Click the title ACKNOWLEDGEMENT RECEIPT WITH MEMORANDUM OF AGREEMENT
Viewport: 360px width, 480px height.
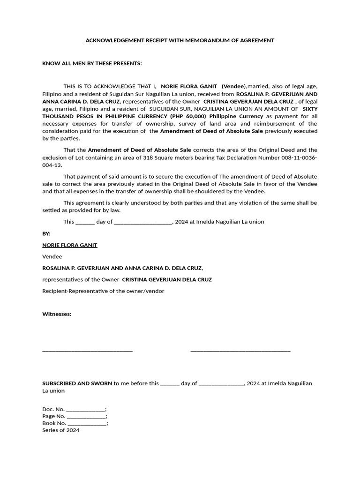pos(180,41)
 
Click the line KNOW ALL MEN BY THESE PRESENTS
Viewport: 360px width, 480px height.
pos(92,63)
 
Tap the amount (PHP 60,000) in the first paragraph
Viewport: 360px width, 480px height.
pos(187,116)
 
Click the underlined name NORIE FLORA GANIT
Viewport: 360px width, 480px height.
pos(70,245)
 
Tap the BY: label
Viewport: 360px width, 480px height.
pos(46,233)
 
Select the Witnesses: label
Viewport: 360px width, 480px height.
pos(57,314)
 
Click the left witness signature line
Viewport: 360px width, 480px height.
pos(87,350)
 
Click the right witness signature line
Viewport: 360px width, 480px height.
pos(240,350)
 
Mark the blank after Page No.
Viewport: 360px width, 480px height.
pos(86,416)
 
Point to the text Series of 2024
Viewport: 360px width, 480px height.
pos(61,430)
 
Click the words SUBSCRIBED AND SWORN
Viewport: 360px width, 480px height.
pos(77,383)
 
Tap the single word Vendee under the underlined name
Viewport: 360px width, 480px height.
pos(52,257)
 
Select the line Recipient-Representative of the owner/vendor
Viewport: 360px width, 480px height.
pos(103,291)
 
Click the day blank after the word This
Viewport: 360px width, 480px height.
pos(85,222)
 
